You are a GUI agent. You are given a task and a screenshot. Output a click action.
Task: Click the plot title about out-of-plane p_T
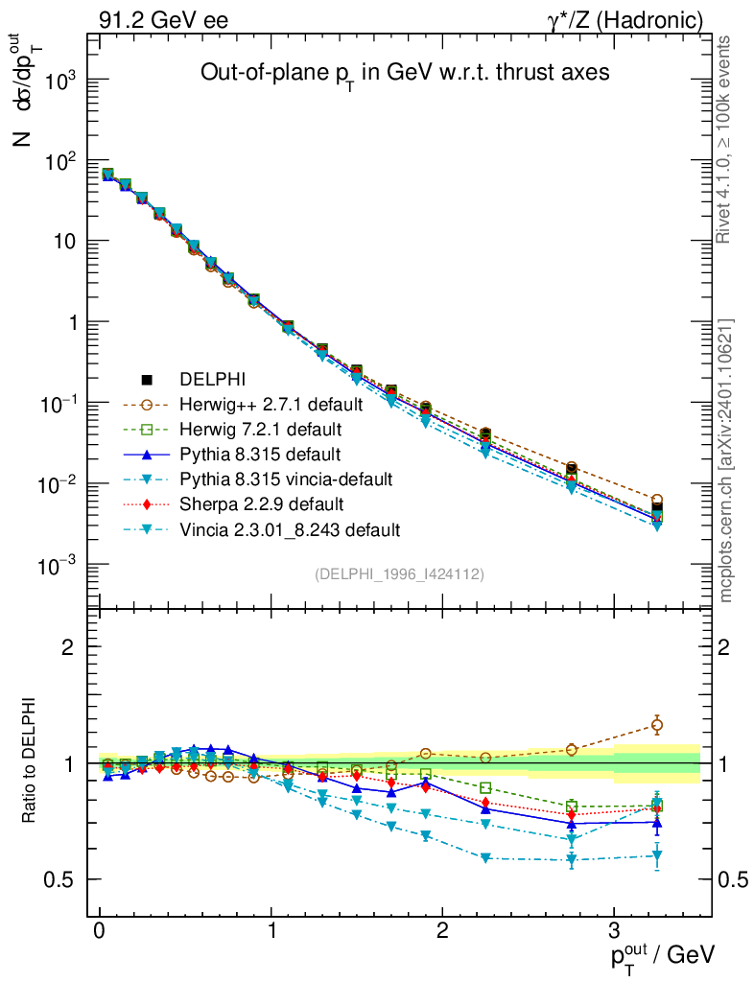(x=404, y=73)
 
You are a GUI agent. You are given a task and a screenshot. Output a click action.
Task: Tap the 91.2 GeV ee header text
(x=164, y=19)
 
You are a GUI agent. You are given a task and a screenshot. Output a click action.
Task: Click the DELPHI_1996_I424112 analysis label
(x=399, y=573)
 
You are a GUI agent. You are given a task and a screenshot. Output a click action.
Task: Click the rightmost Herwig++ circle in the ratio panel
(x=657, y=725)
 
